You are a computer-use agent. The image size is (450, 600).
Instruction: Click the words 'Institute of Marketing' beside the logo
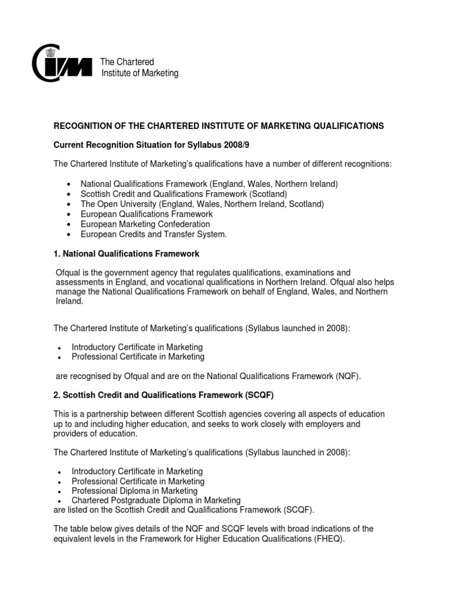coord(140,73)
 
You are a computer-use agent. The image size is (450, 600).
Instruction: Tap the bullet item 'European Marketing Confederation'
coord(145,224)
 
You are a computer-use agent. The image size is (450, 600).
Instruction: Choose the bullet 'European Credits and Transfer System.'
coord(154,234)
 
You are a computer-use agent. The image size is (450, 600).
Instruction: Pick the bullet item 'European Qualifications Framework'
coord(146,214)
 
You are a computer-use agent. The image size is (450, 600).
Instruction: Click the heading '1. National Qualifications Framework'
coord(127,254)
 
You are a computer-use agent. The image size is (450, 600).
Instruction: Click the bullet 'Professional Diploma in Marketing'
coord(134,491)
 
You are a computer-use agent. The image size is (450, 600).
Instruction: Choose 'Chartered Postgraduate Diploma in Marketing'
coord(156,500)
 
